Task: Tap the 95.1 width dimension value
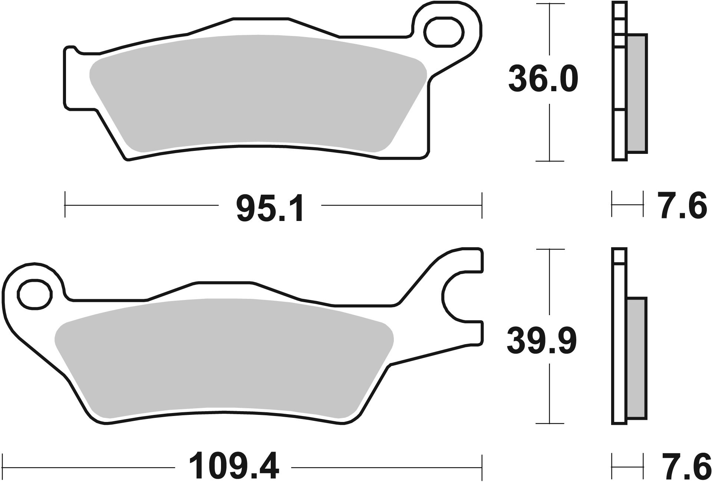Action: pyautogui.click(x=270, y=209)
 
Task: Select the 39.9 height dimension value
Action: pyautogui.click(x=542, y=341)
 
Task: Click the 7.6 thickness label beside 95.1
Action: pyautogui.click(x=682, y=205)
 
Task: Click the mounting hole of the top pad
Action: pyautogui.click(x=444, y=33)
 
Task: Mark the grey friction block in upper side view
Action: pyautogui.click(x=637, y=93)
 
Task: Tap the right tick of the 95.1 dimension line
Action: pyautogui.click(x=482, y=205)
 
